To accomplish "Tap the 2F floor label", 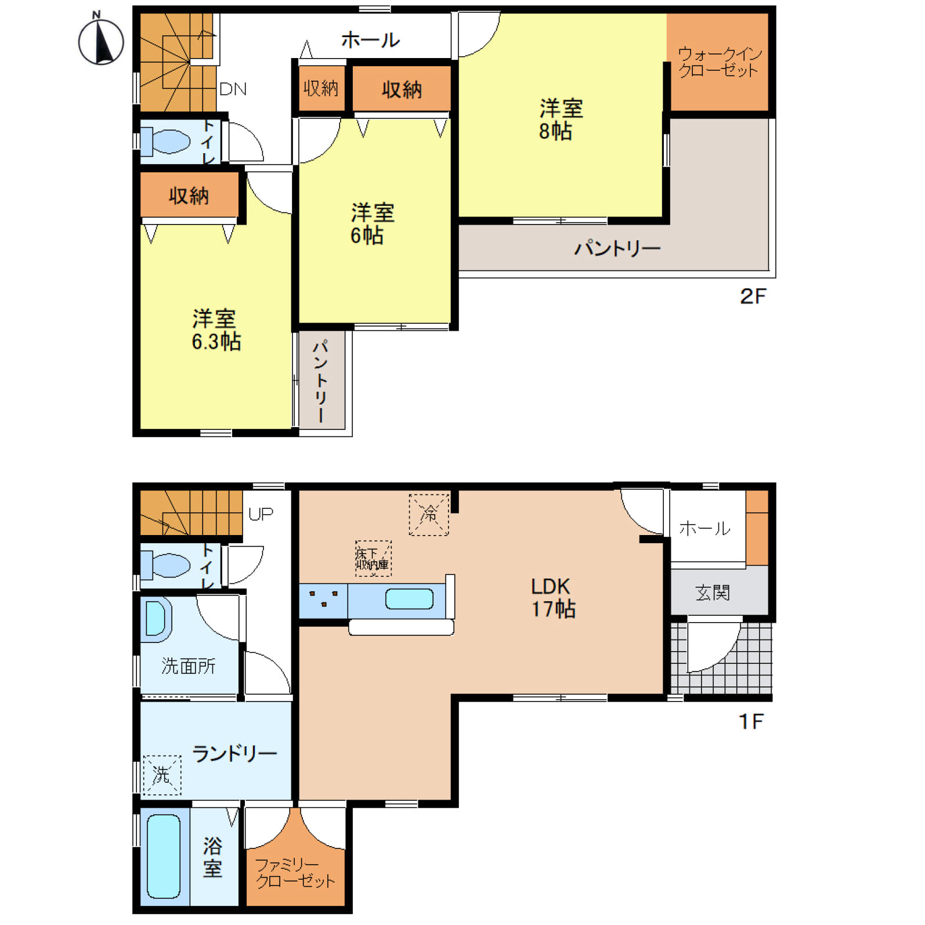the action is [753, 297].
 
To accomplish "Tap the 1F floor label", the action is [751, 721].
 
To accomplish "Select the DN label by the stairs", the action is [233, 89].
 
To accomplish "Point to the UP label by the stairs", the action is [261, 514].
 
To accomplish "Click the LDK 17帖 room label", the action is [553, 598].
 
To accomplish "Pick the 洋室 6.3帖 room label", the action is [216, 330].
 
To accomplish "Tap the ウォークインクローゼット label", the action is [720, 62].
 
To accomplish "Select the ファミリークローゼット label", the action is [295, 873].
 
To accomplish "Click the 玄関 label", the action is [713, 592].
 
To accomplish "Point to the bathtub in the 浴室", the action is [164, 856].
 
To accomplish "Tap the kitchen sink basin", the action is [409, 599].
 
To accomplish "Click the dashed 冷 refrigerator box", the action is [429, 514].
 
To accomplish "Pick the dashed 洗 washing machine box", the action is [162, 774].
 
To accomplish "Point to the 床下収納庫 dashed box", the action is [373, 558].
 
